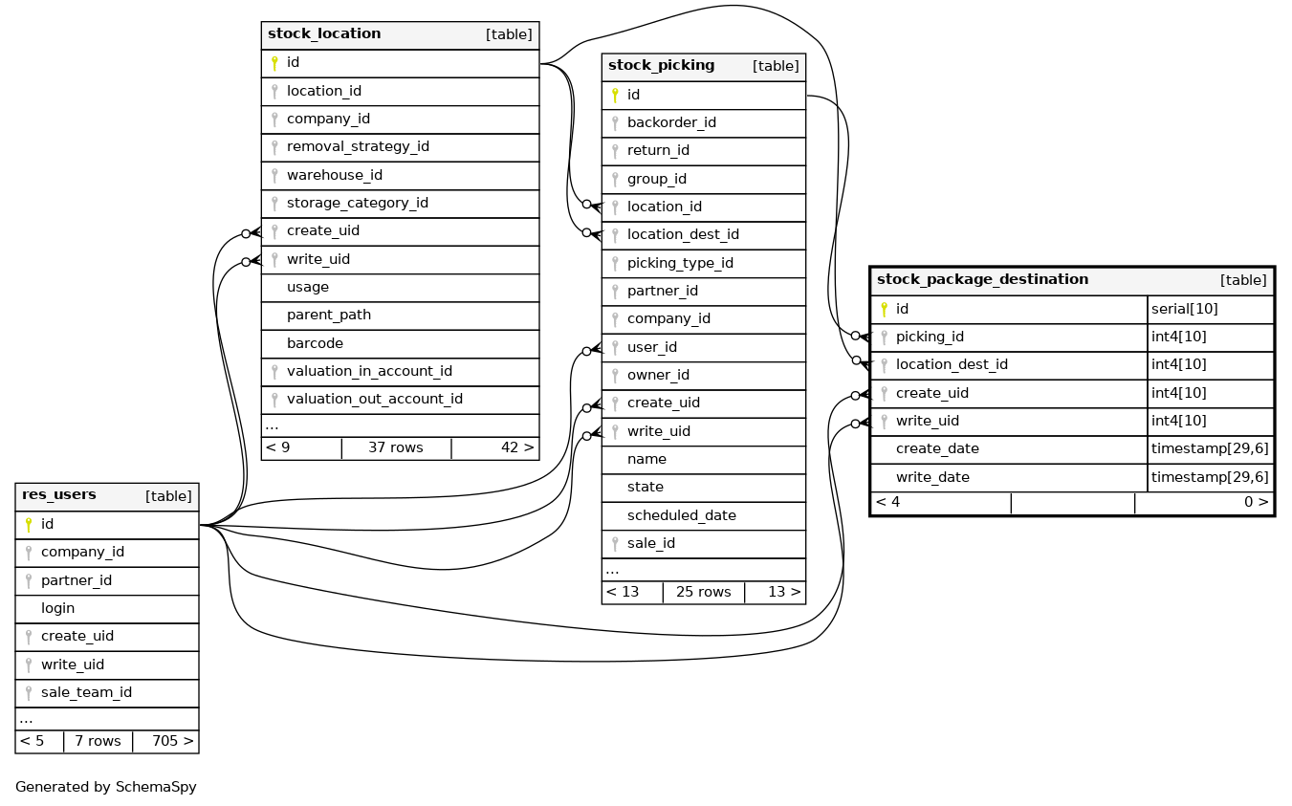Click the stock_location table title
324,34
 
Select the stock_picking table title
661,66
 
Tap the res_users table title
59,495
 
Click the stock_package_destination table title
982,280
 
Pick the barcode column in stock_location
315,343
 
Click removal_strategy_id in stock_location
358,147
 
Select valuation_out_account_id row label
374,400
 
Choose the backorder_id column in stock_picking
671,122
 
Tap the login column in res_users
57,608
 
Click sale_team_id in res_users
86,692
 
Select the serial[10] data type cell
1184,309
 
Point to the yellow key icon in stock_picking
615,95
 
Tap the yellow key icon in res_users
29,524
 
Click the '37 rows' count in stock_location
395,447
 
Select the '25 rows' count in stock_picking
703,592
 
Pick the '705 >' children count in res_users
172,741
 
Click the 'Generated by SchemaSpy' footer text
106,787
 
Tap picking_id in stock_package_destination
929,337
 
